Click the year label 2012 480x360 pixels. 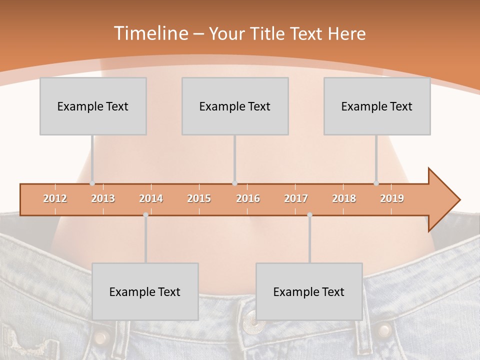click(x=55, y=198)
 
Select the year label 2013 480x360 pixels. click(x=103, y=198)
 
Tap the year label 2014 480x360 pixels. click(x=151, y=198)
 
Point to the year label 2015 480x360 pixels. click(x=199, y=198)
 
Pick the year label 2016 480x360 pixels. click(x=248, y=198)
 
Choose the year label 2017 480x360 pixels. click(x=296, y=198)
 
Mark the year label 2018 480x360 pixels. click(x=344, y=198)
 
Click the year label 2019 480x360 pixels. click(x=392, y=198)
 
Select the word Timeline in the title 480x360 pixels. click(x=150, y=33)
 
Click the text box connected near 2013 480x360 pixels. click(x=93, y=106)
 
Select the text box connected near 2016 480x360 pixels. click(x=235, y=106)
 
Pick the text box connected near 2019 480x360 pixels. click(x=377, y=106)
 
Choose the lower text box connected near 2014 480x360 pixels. click(x=145, y=291)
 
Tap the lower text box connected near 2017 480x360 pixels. click(x=309, y=291)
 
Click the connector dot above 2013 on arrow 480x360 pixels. click(x=92, y=183)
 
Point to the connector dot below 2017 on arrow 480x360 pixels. click(x=309, y=214)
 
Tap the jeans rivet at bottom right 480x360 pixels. click(x=383, y=330)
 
